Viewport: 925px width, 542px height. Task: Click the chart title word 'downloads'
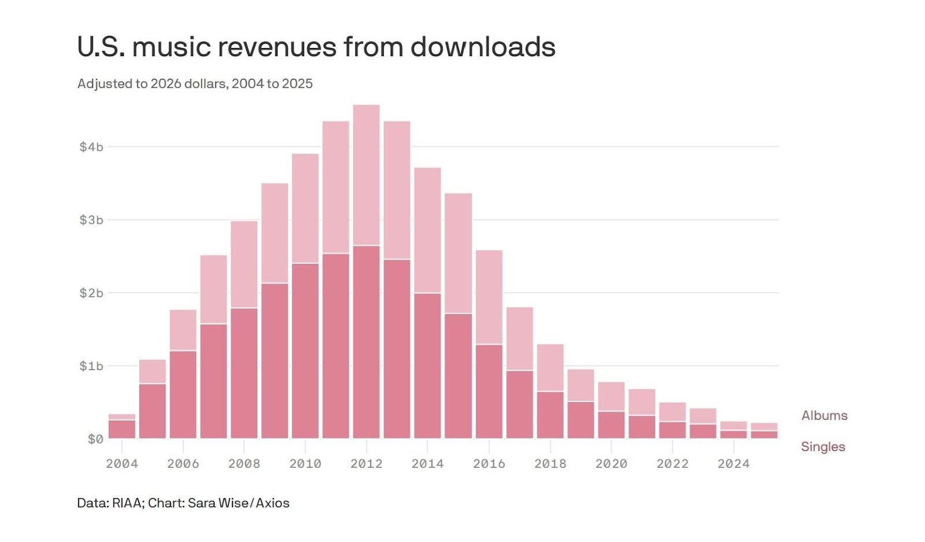483,47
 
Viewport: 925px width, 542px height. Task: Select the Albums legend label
824,415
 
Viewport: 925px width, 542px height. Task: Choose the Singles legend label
823,447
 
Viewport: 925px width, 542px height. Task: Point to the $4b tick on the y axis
91,147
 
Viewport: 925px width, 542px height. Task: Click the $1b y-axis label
91,366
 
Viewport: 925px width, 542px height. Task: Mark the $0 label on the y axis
95,439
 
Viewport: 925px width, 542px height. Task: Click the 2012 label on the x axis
367,463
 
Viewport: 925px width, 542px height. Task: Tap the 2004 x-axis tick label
122,463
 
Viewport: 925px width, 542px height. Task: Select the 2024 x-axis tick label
734,463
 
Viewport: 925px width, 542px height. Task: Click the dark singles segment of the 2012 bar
367,341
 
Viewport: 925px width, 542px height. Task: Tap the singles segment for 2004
122,429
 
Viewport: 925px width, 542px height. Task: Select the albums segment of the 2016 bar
489,297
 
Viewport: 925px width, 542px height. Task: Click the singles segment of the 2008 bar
244,373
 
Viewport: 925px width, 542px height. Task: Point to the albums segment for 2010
305,208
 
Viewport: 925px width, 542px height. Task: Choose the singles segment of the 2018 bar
550,415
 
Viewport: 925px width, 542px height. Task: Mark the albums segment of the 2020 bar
611,396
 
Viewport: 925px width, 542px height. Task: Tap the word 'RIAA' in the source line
127,503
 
